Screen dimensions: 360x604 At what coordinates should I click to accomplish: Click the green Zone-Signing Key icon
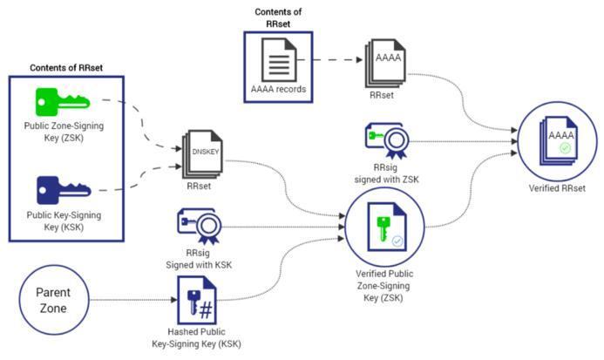(61, 102)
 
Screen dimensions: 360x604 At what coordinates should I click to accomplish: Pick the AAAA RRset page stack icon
(386, 64)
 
